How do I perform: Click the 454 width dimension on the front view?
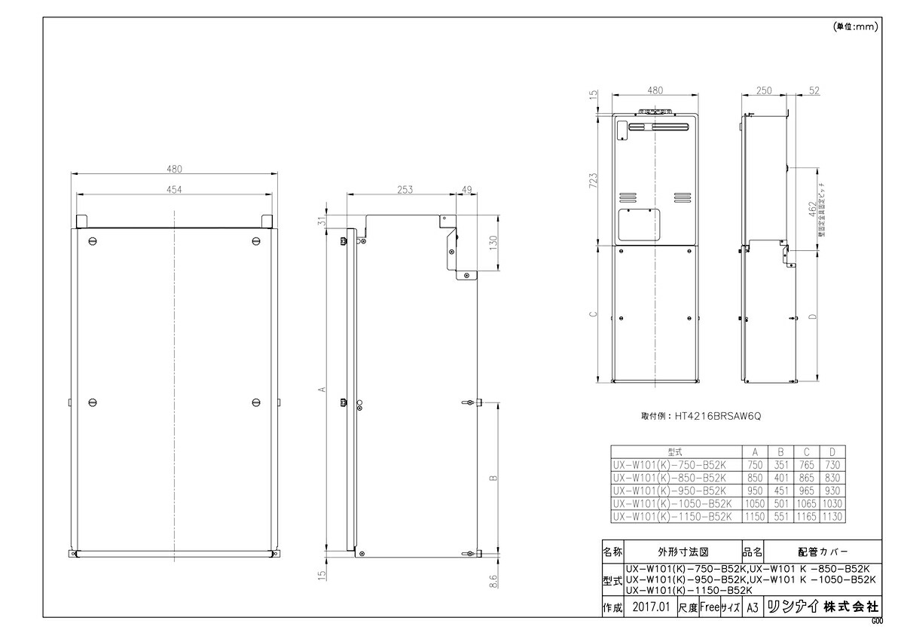[175, 189]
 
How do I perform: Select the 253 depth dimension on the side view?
[404, 190]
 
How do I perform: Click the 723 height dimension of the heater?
[594, 180]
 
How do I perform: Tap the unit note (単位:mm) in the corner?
[856, 26]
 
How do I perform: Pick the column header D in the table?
[833, 451]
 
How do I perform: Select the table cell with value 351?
[781, 465]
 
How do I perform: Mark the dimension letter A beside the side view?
[322, 390]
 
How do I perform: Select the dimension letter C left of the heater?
[594, 314]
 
